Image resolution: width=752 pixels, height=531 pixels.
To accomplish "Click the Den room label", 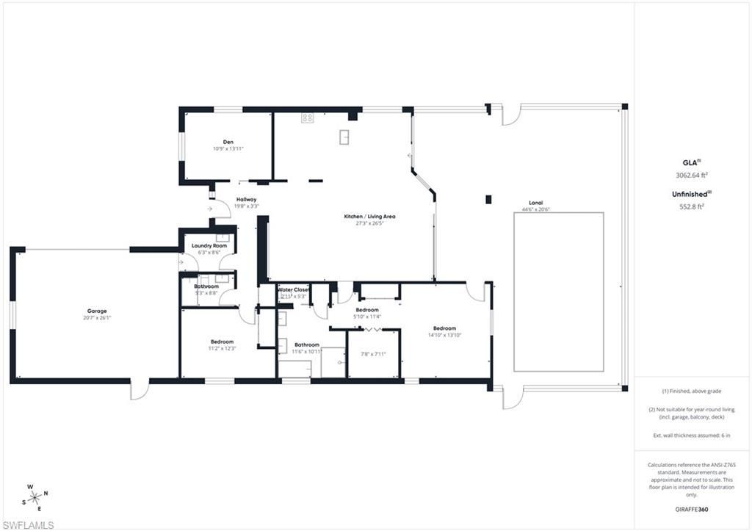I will [x=228, y=142].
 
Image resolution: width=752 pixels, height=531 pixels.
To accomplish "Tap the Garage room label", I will [x=97, y=311].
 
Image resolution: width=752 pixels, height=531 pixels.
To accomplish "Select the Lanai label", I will [x=536, y=203].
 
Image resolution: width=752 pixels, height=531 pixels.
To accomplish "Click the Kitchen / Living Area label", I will [x=370, y=216].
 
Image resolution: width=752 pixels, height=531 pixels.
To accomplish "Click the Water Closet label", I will [x=293, y=289].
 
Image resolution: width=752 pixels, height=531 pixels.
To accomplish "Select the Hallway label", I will [x=246, y=199].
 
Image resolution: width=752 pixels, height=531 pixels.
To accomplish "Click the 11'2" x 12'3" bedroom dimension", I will [x=222, y=348].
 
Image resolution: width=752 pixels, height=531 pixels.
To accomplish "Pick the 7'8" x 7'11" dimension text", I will [x=373, y=354].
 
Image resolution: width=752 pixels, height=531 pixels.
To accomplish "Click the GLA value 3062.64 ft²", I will [x=692, y=176].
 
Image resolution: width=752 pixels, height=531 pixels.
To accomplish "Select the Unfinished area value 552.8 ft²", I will [x=692, y=206].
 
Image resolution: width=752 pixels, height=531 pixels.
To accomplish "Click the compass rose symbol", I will [x=35, y=497].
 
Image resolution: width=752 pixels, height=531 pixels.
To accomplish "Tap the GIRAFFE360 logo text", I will [x=692, y=509].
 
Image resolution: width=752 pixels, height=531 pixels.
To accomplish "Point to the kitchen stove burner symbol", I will [x=307, y=117].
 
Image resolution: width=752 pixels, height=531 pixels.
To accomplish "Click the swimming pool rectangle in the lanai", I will [x=558, y=292].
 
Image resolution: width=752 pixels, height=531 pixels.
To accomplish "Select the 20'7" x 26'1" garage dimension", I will [x=97, y=318].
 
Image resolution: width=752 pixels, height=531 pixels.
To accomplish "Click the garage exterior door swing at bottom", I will [x=140, y=389].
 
